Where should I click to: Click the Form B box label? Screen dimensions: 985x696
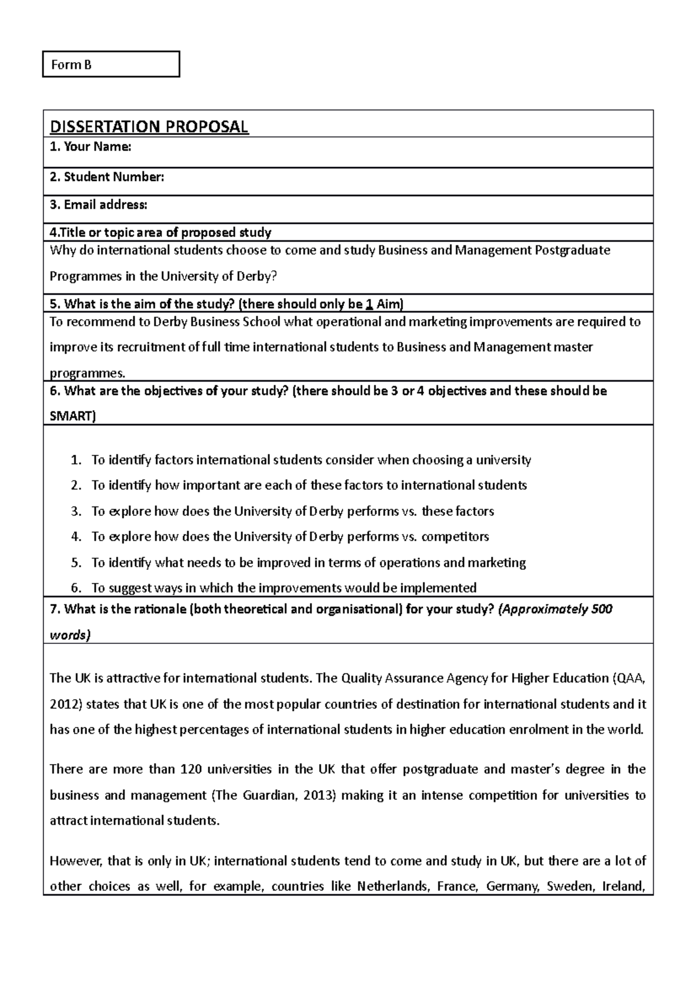coord(71,65)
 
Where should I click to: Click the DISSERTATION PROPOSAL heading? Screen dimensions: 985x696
coord(149,126)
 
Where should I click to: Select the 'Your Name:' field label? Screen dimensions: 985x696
coord(90,147)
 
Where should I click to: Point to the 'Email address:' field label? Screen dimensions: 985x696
coord(99,205)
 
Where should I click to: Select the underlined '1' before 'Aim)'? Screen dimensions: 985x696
coord(369,304)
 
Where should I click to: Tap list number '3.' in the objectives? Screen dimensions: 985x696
coord(76,511)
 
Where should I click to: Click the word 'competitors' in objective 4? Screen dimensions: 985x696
coord(455,537)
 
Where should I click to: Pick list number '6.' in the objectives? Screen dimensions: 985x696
coord(76,588)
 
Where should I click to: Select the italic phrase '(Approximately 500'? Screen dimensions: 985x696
coord(556,610)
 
